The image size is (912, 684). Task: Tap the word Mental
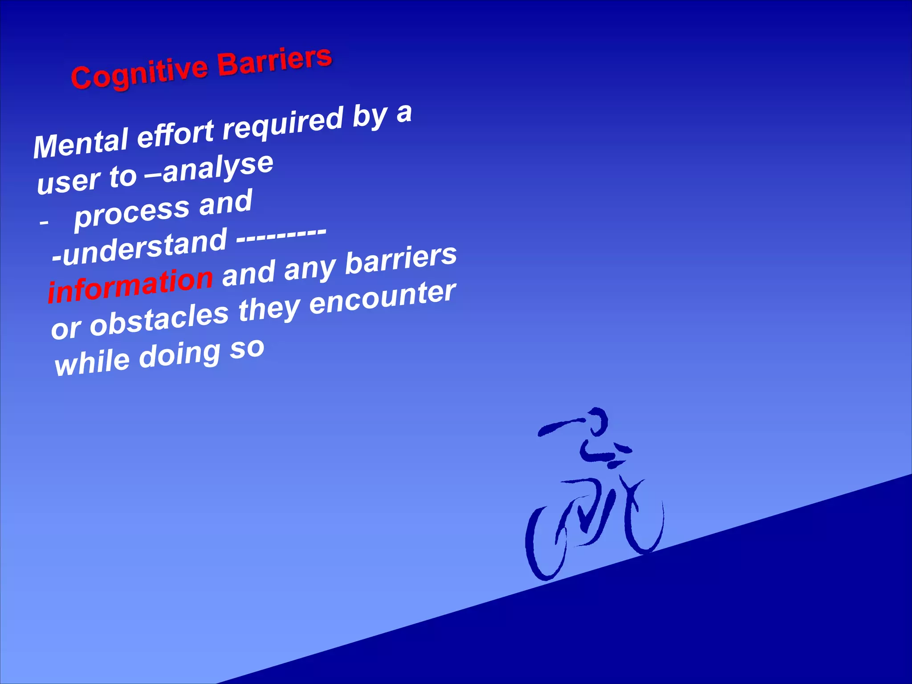81,142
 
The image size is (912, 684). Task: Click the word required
283,122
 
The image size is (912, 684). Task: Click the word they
269,309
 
